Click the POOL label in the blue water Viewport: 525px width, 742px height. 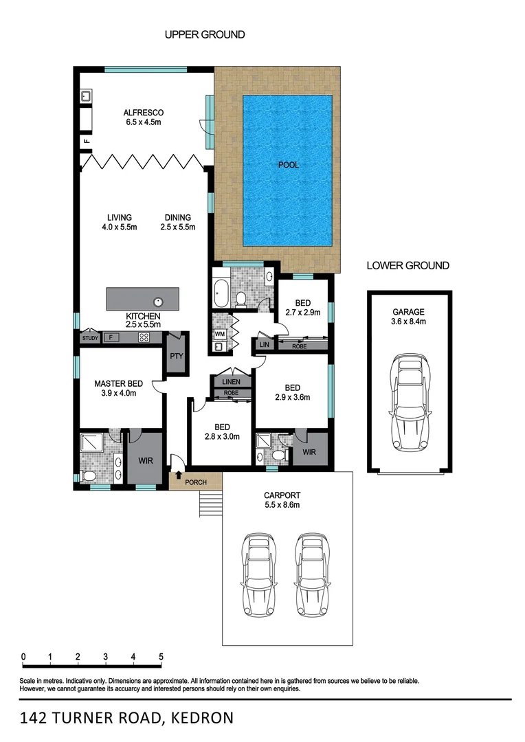[x=288, y=165]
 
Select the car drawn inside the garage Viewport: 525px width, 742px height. [x=410, y=403]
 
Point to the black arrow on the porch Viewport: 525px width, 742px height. [x=179, y=474]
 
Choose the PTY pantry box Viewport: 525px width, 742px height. [x=175, y=357]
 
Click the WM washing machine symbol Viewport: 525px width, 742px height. [x=220, y=334]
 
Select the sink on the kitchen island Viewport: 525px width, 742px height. [x=158, y=300]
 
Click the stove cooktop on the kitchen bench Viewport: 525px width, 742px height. [x=144, y=337]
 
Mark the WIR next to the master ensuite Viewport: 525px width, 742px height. [x=144, y=460]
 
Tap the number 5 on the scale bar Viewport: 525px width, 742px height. [x=161, y=657]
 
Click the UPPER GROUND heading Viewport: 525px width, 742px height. [x=205, y=34]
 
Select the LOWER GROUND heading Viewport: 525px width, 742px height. [x=408, y=265]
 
